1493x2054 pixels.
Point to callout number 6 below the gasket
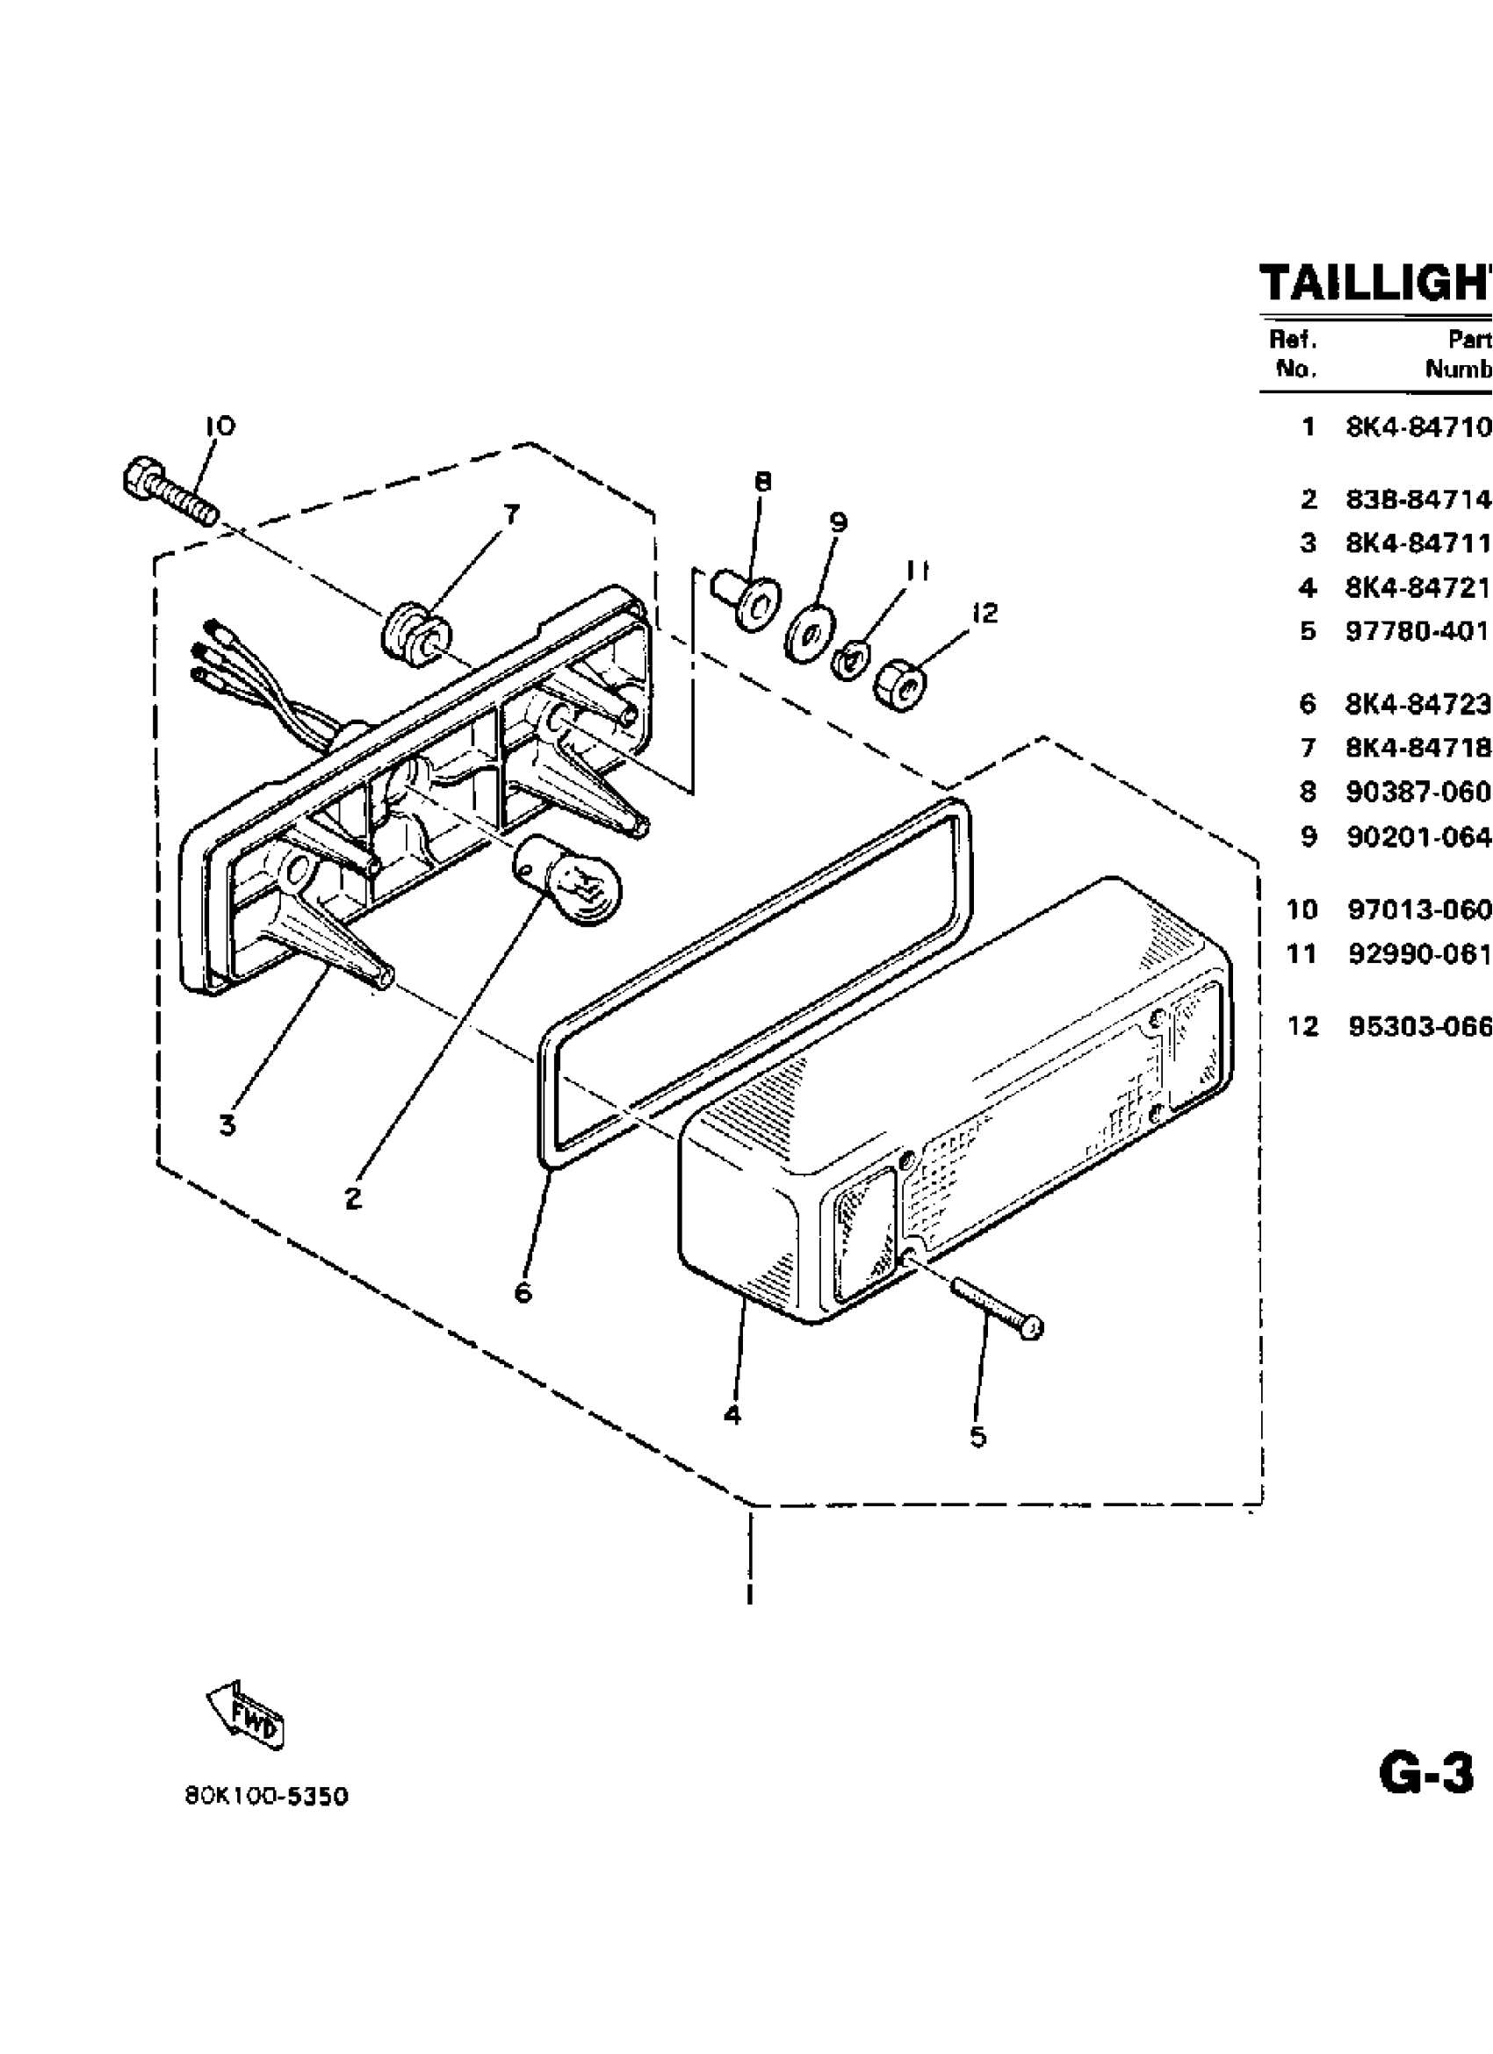tap(523, 1292)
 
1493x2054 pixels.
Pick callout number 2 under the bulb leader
tap(353, 1198)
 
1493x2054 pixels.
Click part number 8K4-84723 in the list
tap(1417, 704)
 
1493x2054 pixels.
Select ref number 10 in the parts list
tap(1302, 909)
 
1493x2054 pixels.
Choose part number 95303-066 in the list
tap(1419, 1026)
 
